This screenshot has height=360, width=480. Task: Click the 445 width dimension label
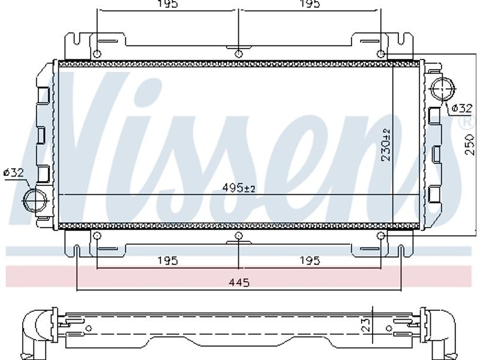point(239,282)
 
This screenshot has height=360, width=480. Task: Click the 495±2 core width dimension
point(238,188)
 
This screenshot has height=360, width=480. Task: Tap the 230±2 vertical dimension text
point(386,145)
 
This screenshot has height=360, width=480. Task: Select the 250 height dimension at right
point(470,144)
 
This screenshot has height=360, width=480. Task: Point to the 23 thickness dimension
point(366,325)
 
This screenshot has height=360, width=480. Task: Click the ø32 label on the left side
point(14,173)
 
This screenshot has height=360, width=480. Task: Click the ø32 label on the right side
point(462,108)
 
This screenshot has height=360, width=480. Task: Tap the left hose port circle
point(35,200)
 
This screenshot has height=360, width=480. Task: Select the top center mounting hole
point(238,54)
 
